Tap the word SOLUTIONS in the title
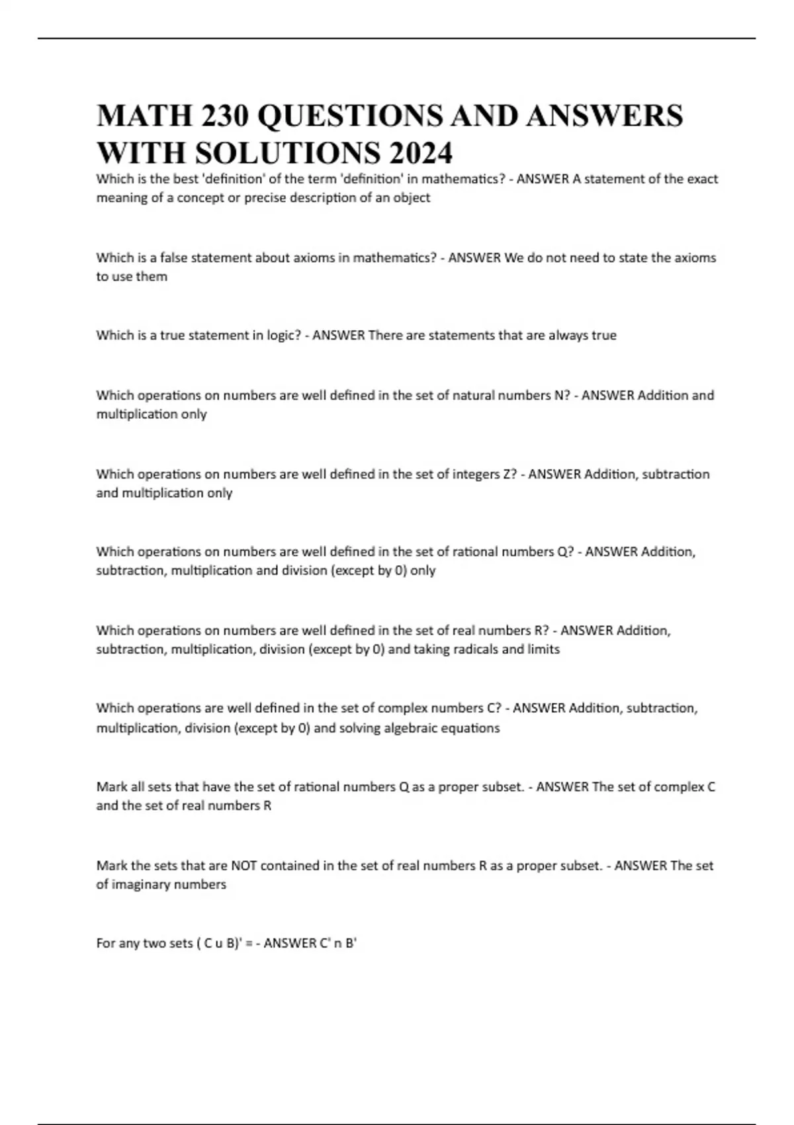click(288, 154)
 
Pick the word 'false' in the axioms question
click(174, 257)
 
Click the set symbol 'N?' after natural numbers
click(562, 395)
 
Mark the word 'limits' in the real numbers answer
click(544, 649)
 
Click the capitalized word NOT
click(244, 865)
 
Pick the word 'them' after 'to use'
click(152, 277)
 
